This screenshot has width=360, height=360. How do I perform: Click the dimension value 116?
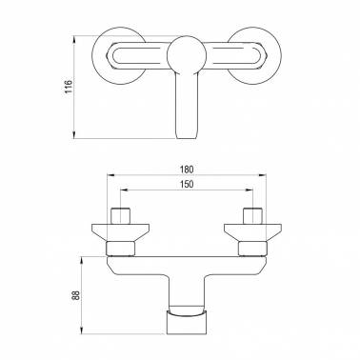[69, 87]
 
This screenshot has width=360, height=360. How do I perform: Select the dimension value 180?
[187, 170]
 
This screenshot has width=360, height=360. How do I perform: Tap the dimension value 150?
[187, 185]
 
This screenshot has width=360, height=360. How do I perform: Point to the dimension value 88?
[76, 295]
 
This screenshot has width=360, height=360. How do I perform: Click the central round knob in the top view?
[187, 54]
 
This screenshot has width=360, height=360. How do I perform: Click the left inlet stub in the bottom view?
[121, 216]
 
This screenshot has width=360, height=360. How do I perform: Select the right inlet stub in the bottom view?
[252, 216]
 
